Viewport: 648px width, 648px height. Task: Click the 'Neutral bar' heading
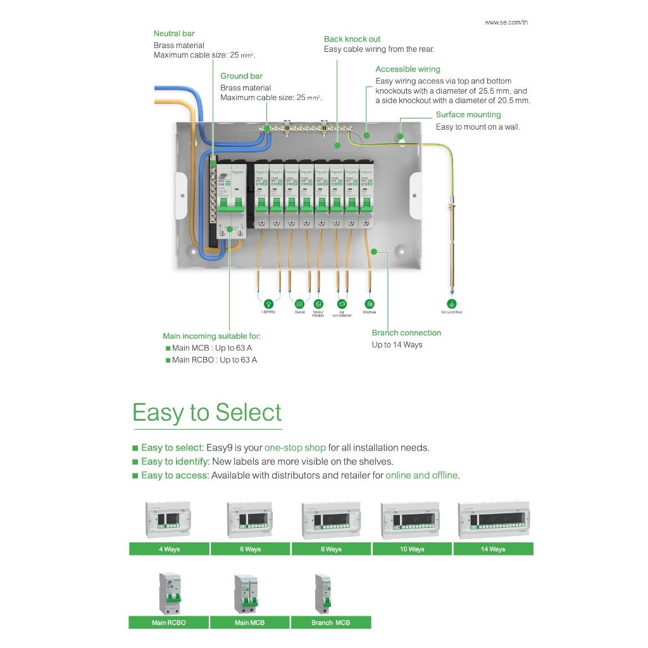tap(174, 34)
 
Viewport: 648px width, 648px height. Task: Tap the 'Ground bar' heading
tap(241, 76)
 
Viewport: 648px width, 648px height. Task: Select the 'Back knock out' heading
tap(352, 39)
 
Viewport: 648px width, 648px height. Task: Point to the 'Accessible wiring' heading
tap(408, 70)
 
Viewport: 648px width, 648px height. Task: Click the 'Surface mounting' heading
tap(468, 115)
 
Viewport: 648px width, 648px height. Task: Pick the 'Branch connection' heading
tap(406, 333)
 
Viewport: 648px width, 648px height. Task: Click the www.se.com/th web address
tap(506, 23)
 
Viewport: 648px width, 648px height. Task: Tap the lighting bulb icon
tap(268, 304)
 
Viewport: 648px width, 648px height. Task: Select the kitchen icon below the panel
tap(370, 304)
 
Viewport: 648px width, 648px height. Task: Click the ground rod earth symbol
tap(451, 304)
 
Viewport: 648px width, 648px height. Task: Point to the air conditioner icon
tap(342, 304)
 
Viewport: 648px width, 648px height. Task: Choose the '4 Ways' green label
tap(169, 549)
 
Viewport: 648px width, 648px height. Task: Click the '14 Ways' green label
tap(493, 549)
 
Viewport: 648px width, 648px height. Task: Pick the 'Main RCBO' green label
tap(168, 623)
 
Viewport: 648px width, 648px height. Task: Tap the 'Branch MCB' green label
tap(330, 623)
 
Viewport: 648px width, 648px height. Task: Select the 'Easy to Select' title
tap(207, 413)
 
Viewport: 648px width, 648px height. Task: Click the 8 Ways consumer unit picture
tap(331, 520)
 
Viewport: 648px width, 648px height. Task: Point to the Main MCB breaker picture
tap(249, 594)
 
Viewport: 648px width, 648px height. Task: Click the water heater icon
tap(318, 304)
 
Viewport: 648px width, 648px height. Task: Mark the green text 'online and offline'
tap(421, 475)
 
